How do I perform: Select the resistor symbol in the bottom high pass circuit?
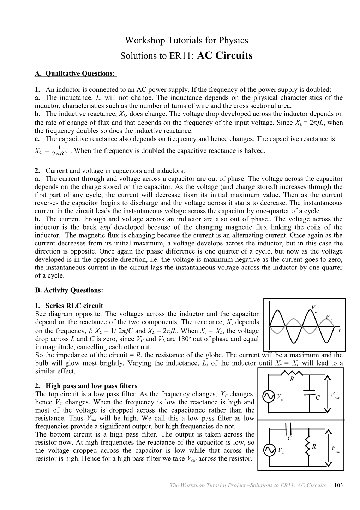click(309, 447)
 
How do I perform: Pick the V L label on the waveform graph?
click(314, 308)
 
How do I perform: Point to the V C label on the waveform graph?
click(328, 317)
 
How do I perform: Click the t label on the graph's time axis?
click(339, 330)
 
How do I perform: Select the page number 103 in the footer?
click(338, 485)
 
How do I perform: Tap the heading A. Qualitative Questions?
click(75, 73)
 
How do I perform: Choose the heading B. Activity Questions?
click(70, 290)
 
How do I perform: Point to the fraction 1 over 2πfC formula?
click(59, 151)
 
